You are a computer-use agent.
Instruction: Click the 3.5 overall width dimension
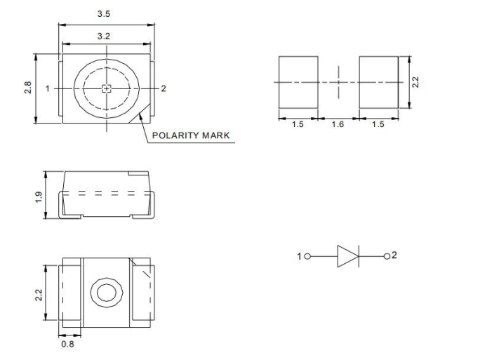107,13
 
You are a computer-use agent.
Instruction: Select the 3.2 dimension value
107,35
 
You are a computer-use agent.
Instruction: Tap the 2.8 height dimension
28,89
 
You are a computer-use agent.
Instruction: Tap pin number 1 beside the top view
48,88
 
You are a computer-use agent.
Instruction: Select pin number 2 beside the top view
164,88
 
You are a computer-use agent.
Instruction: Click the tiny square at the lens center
107,88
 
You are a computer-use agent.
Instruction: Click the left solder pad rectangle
298,82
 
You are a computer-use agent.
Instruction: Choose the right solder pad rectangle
378,82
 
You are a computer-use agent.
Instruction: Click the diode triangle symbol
347,257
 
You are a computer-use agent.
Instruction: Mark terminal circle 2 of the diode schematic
386,257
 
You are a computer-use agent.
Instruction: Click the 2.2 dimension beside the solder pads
415,82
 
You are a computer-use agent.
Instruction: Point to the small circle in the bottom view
107,292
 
